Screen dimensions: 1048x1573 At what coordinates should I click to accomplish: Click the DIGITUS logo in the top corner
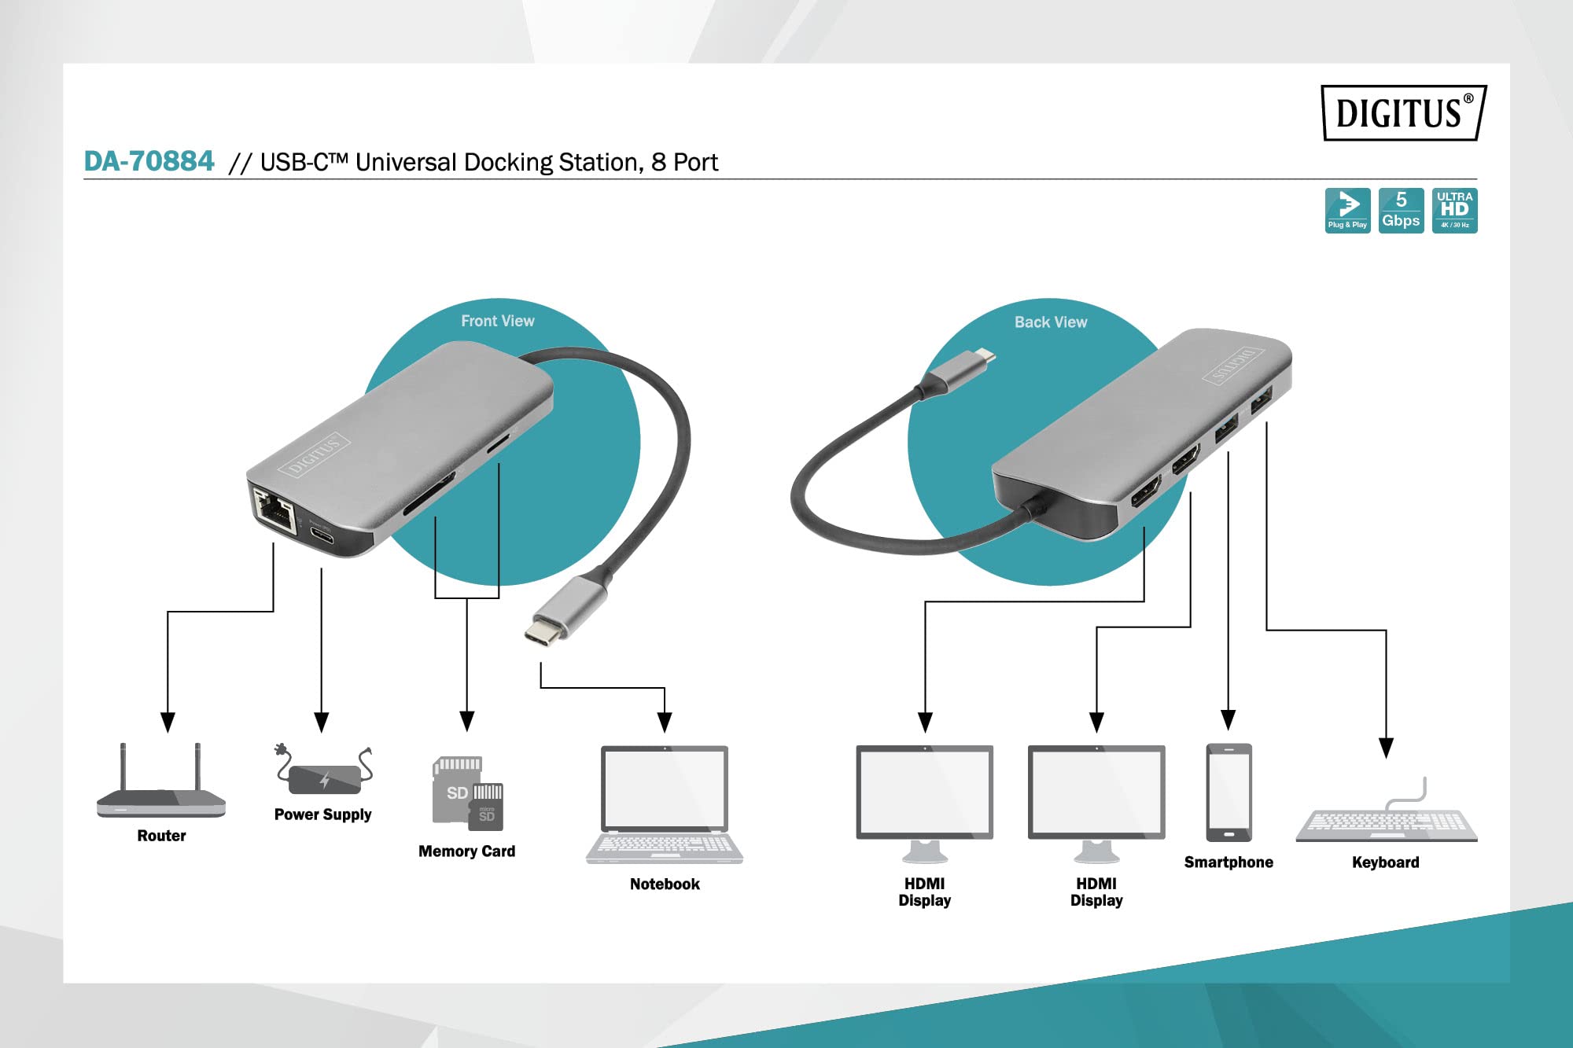[1403, 112]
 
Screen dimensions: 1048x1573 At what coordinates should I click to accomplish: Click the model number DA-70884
[149, 161]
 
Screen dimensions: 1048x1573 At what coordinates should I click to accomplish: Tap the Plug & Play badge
[1347, 210]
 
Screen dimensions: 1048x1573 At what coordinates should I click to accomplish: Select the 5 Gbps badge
[1401, 210]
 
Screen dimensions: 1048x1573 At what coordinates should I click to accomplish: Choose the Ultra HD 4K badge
[1454, 210]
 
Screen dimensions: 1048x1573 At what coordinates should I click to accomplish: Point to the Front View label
[497, 321]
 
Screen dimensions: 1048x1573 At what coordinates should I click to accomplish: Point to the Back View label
[1050, 322]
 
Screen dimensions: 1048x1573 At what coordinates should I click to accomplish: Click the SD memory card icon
[467, 793]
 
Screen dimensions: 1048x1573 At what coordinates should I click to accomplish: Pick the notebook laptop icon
[665, 804]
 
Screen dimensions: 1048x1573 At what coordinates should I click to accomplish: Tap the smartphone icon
[1229, 792]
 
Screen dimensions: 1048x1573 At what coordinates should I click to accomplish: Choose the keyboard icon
[1386, 818]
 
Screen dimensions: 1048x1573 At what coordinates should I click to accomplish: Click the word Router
[161, 836]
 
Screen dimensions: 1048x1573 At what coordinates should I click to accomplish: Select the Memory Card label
[466, 851]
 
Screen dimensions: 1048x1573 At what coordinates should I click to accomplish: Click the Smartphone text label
[1229, 862]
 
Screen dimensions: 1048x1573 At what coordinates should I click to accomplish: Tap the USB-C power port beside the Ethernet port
[321, 536]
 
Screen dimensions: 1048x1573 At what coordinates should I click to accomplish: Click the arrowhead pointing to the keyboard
[1386, 748]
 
